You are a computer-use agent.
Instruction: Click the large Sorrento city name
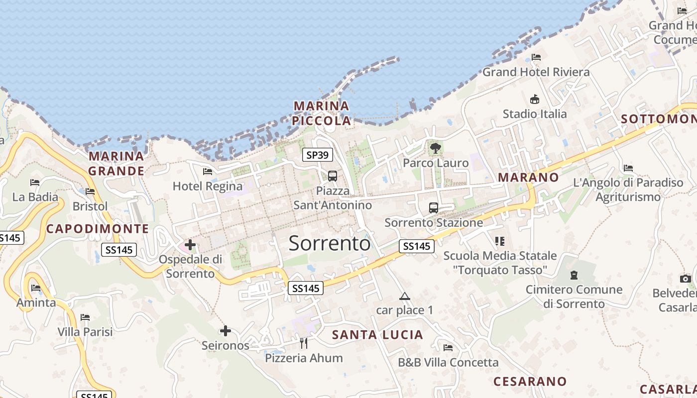click(x=330, y=243)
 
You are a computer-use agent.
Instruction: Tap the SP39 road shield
click(x=318, y=155)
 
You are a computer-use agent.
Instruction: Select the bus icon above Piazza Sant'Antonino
click(x=332, y=176)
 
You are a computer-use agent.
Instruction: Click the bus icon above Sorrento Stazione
click(x=434, y=208)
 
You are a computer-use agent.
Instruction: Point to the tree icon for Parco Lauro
click(x=436, y=148)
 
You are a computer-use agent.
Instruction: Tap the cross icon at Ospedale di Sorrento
click(x=190, y=244)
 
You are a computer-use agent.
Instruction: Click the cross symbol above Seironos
click(x=226, y=330)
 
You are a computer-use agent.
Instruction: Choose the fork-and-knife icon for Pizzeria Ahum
click(x=304, y=343)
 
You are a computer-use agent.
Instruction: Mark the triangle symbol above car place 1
click(x=405, y=297)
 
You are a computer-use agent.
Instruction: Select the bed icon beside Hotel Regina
click(x=208, y=172)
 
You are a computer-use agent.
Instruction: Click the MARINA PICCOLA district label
click(x=322, y=113)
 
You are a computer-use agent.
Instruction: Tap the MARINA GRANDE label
click(x=116, y=164)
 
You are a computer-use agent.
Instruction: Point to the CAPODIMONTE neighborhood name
click(x=98, y=229)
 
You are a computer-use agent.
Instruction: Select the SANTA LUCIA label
click(x=377, y=335)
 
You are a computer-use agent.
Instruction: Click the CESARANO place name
click(x=530, y=382)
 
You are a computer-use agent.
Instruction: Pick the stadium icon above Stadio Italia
click(x=535, y=99)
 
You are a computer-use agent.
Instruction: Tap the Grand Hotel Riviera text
click(x=536, y=72)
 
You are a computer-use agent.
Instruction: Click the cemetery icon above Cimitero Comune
click(x=574, y=275)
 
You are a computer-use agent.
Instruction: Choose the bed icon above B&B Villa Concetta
click(x=448, y=348)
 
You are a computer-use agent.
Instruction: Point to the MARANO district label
click(x=528, y=177)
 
